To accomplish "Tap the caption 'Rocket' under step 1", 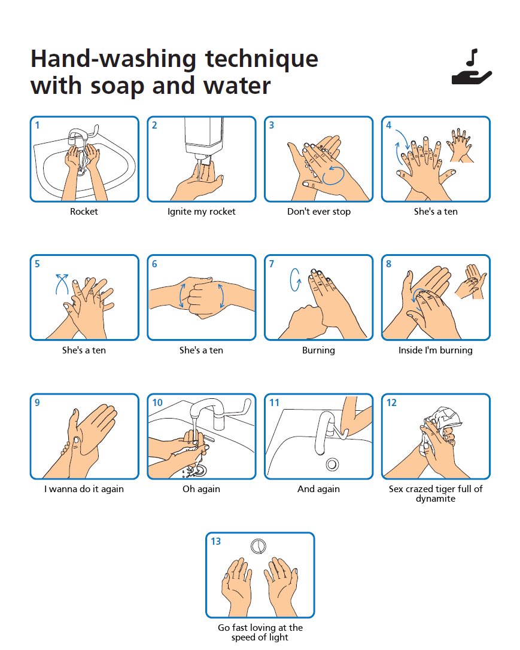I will [84, 212].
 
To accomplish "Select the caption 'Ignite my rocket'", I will [201, 212].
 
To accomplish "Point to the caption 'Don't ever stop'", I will [318, 212].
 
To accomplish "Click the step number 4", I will [389, 126].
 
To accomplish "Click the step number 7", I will [272, 264].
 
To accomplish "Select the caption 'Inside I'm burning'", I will [435, 350].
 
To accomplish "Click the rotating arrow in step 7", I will [294, 280].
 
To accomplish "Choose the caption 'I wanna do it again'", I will [84, 489].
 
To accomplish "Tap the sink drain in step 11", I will [331, 464].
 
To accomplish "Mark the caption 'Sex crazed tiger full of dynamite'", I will [435, 493].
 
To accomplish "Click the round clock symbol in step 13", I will [259, 545].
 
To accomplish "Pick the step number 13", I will [215, 542].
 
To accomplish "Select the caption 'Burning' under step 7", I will [318, 350].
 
